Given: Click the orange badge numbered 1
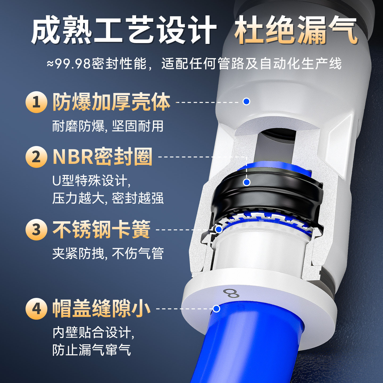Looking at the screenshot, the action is point(36,102).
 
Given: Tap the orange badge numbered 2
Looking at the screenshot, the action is point(36,157).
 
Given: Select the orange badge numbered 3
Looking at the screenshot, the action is point(36,230).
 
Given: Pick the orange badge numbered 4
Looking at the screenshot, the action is point(36,309).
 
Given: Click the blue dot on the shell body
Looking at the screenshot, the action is point(247,101).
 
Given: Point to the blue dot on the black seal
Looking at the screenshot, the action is point(247,182).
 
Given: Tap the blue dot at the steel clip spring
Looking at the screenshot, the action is point(219,229).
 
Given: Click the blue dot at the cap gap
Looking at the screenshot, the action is point(217,309).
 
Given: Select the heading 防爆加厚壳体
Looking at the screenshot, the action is point(111,102).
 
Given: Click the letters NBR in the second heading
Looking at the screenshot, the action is point(73,157).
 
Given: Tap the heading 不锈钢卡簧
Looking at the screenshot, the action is point(101,229).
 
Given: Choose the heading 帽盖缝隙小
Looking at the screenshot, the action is point(101,309).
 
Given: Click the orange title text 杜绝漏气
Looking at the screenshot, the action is point(296,30).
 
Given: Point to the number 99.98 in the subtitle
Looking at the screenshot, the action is point(73,64).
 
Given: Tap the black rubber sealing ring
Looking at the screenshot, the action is point(266,192).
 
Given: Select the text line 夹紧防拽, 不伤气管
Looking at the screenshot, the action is point(108,253).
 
